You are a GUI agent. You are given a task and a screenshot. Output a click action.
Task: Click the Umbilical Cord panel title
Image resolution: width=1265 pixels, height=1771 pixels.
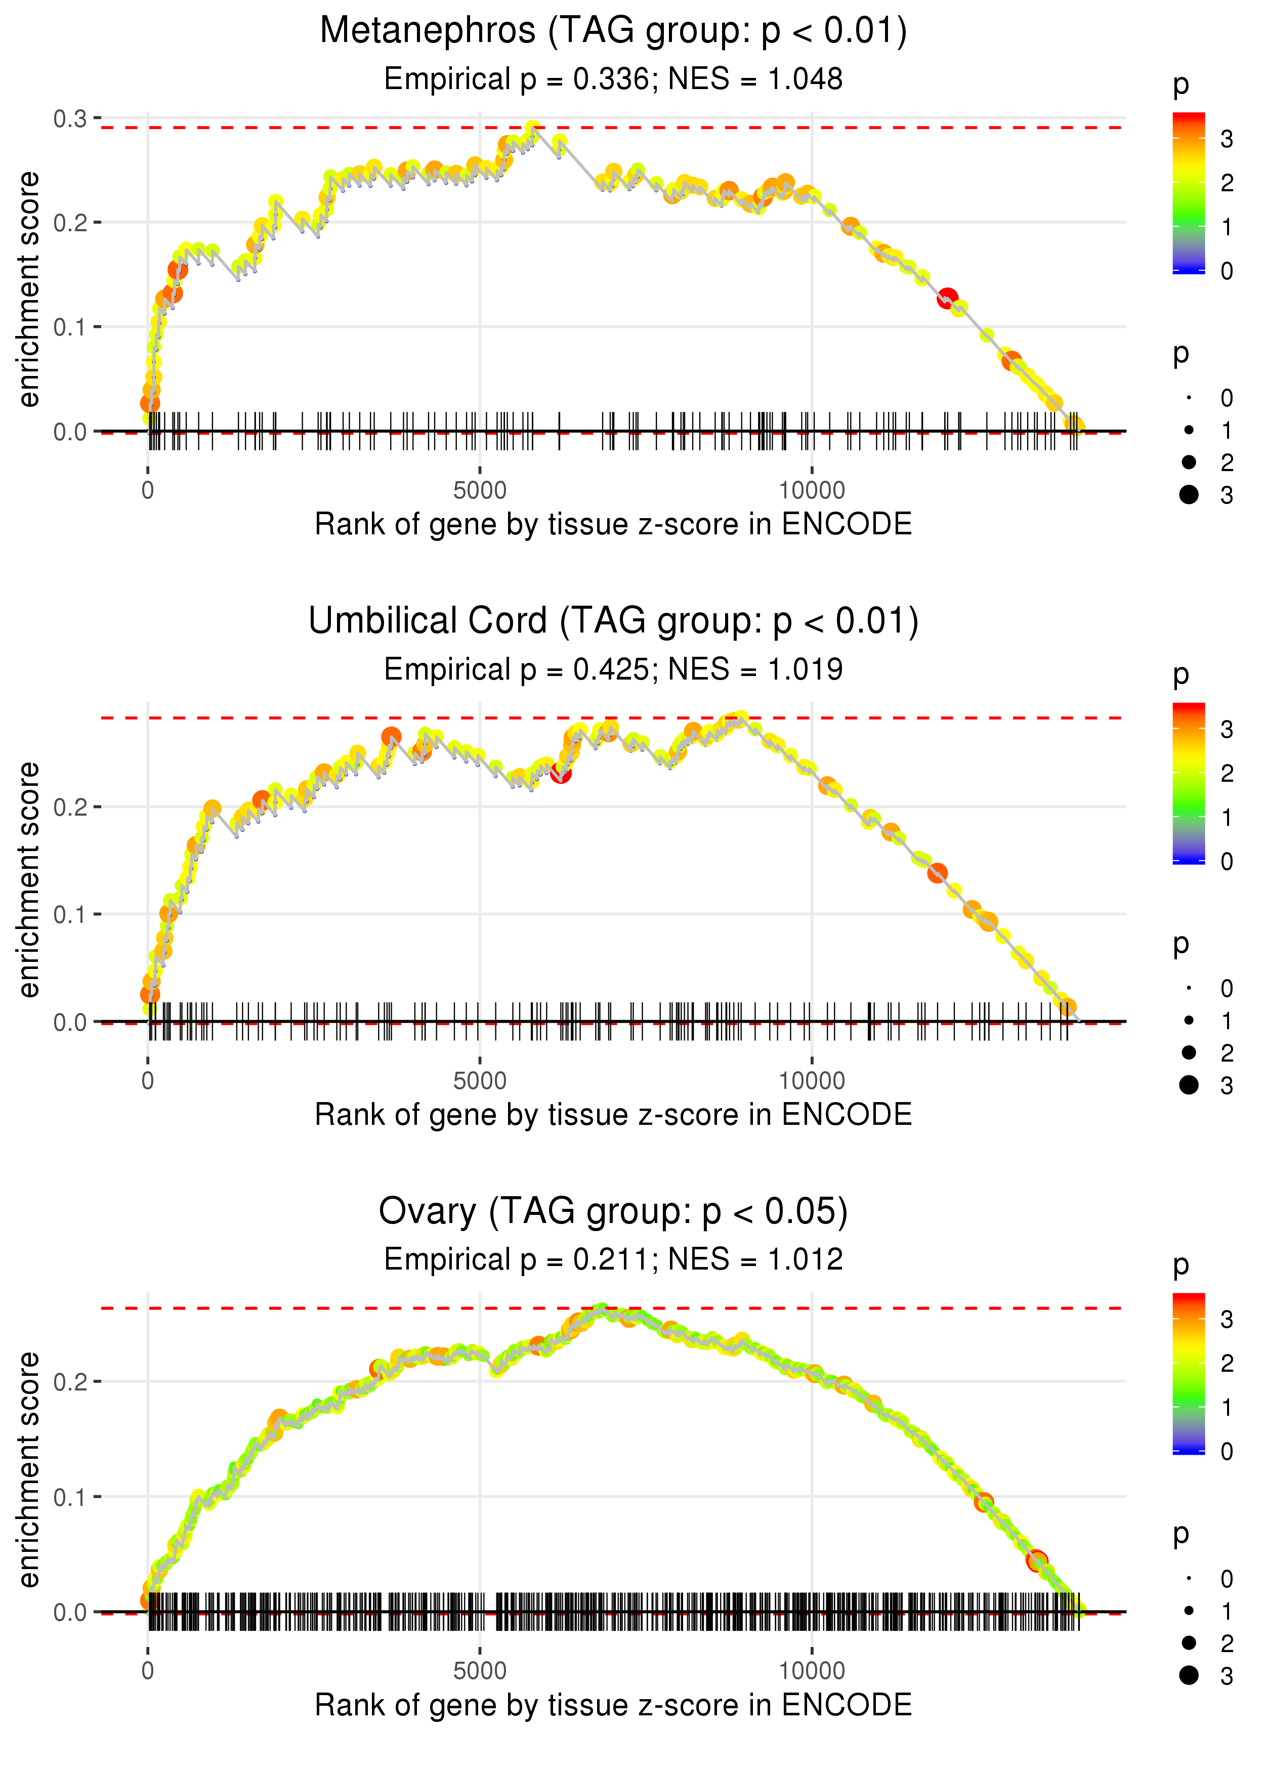coord(613,621)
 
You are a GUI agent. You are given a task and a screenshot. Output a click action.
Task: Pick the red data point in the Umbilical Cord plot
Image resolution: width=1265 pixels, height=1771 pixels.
coord(560,773)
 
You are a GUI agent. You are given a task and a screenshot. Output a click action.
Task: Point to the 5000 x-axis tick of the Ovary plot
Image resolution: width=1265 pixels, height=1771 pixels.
coord(480,1670)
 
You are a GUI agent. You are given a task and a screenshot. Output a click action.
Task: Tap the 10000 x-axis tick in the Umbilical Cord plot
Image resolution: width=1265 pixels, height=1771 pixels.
coord(812,1080)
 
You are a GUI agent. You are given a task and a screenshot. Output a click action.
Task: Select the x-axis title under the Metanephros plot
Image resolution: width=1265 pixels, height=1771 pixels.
coord(613,524)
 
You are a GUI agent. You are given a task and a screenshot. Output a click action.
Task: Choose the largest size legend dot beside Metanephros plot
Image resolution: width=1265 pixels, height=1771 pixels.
coord(1189,494)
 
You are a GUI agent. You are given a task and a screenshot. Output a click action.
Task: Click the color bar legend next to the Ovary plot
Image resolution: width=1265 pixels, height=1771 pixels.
coord(1189,1373)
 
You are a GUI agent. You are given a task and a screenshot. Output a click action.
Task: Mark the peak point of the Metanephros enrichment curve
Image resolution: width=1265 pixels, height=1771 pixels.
coord(533,129)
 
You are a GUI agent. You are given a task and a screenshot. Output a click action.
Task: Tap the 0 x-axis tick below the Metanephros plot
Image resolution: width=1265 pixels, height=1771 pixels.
coord(148,491)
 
